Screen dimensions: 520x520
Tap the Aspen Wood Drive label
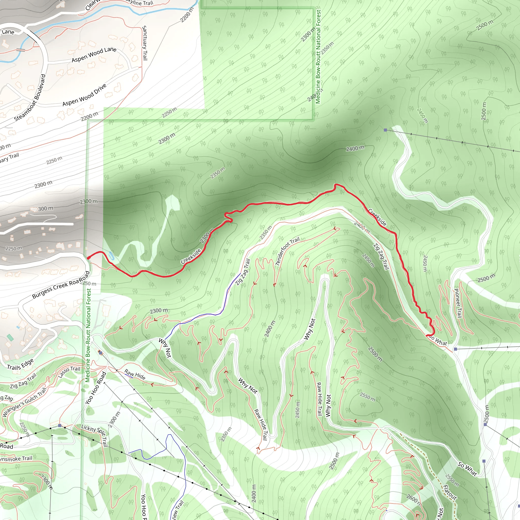(x=85, y=95)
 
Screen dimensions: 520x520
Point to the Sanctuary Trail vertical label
(x=144, y=43)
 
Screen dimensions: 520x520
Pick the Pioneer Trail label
(x=458, y=303)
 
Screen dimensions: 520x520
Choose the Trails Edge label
(x=20, y=364)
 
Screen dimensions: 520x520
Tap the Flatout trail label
(x=450, y=492)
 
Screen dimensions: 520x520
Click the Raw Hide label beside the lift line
(x=135, y=375)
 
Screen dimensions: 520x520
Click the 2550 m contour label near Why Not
(x=368, y=397)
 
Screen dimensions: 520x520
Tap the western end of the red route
(x=88, y=258)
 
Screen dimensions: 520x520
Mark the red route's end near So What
(x=427, y=335)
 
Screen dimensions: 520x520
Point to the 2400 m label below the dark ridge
(x=355, y=148)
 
